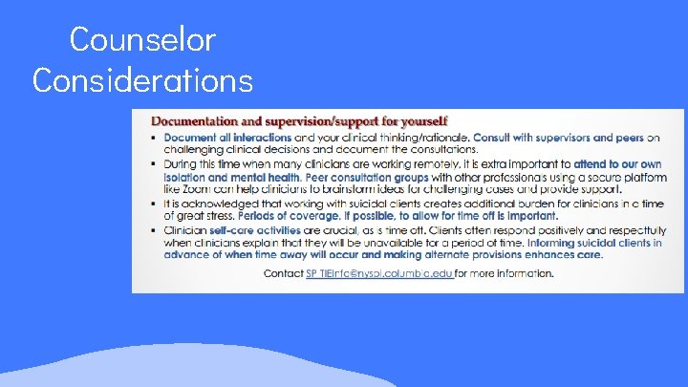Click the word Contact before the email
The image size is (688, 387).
(282, 273)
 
